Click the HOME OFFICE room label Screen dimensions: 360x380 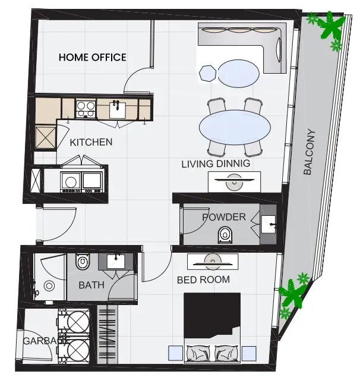pyautogui.click(x=93, y=57)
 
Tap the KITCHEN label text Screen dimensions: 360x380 pyautogui.click(x=91, y=142)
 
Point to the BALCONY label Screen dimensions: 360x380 pyautogui.click(x=310, y=152)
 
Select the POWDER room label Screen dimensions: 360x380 pyautogui.click(x=224, y=217)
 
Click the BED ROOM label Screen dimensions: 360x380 pyautogui.click(x=203, y=279)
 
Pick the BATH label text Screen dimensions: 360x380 pyautogui.click(x=91, y=285)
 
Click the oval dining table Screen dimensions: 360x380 pyautogui.click(x=235, y=127)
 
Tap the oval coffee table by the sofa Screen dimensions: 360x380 pyautogui.click(x=239, y=73)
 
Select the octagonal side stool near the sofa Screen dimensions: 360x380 pyautogui.click(x=208, y=73)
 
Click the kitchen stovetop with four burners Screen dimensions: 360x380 pyautogui.click(x=86, y=109)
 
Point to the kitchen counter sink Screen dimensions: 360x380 pyautogui.click(x=117, y=110)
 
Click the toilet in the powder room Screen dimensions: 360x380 pyautogui.click(x=225, y=234)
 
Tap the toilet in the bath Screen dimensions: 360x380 pyautogui.click(x=83, y=261)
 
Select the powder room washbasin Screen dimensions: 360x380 pyautogui.click(x=269, y=224)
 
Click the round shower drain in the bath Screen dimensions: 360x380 pyautogui.click(x=49, y=286)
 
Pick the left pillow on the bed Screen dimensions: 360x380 pyautogui.click(x=198, y=352)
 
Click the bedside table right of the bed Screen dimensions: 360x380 pyautogui.click(x=249, y=353)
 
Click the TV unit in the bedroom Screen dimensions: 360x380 pyautogui.click(x=213, y=262)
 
